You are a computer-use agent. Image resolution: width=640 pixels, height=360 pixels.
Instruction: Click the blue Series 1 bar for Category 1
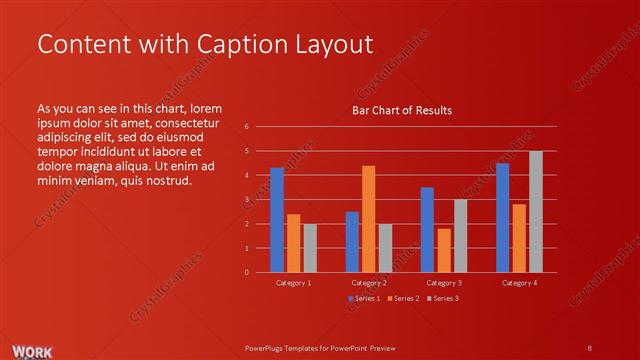[277, 220]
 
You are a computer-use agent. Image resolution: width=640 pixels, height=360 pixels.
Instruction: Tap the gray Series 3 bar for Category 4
[535, 211]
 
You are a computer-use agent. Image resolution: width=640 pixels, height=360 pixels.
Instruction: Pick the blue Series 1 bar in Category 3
[427, 229]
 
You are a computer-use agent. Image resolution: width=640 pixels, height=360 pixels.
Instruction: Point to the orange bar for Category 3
[443, 250]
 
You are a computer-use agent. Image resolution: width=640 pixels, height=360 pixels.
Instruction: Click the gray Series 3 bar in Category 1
[310, 248]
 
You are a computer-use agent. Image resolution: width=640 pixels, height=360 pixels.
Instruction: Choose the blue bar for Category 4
[502, 217]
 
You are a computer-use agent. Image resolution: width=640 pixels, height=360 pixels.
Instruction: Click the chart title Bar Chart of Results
[402, 110]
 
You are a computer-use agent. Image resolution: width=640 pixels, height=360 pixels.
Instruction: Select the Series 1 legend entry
[362, 298]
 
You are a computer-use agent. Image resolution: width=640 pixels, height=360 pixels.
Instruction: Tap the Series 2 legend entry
[401, 298]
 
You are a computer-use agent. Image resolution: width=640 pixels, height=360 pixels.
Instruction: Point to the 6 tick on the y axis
[247, 127]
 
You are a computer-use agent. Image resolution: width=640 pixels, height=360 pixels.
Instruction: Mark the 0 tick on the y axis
[247, 272]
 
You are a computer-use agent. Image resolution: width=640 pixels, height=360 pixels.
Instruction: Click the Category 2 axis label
[369, 283]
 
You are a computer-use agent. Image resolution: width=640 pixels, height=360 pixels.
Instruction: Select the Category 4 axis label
[519, 283]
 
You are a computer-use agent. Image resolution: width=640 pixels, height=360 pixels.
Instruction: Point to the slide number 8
[590, 347]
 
